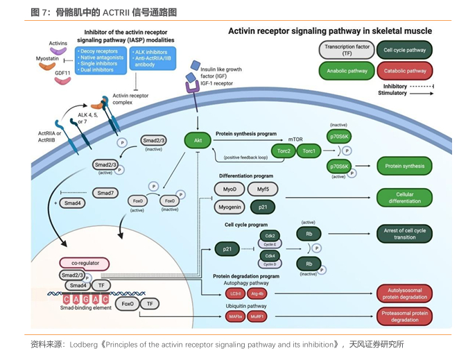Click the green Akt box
198,142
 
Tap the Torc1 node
309,151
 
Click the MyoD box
230,189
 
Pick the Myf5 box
262,189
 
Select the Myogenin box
231,207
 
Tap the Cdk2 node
270,236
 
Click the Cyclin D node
270,264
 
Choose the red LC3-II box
236,293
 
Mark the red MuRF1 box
264,316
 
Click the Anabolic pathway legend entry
347,71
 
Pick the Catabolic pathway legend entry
405,71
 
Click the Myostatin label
47,60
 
